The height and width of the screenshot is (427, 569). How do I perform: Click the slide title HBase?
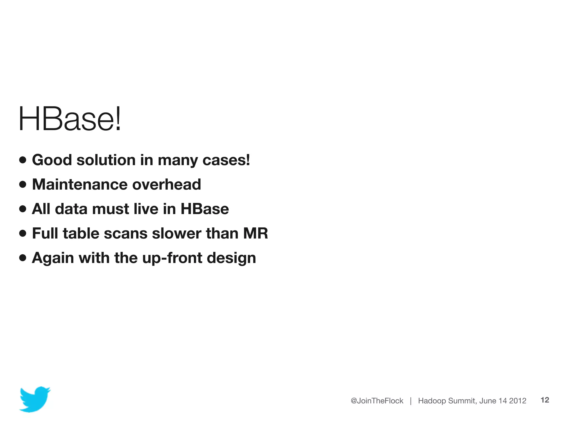[69, 119]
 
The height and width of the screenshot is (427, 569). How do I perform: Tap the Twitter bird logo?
[34, 399]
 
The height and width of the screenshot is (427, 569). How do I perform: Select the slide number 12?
[545, 400]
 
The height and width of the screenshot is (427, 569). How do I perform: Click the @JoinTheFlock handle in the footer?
[377, 401]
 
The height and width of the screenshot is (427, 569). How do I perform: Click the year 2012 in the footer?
[518, 401]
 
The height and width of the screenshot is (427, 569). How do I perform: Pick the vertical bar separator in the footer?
[411, 401]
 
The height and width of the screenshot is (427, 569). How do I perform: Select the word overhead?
[166, 184]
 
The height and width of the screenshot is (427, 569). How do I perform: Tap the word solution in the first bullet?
[106, 160]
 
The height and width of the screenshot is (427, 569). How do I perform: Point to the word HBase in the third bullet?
[204, 209]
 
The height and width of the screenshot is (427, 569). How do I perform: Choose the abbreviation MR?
[255, 233]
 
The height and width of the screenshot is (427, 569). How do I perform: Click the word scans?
[125, 233]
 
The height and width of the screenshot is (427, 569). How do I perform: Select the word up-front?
[172, 258]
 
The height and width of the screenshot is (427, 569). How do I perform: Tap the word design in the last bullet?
[231, 258]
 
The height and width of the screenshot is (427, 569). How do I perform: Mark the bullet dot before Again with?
[23, 258]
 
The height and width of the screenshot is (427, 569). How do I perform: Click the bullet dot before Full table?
[23, 233]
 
